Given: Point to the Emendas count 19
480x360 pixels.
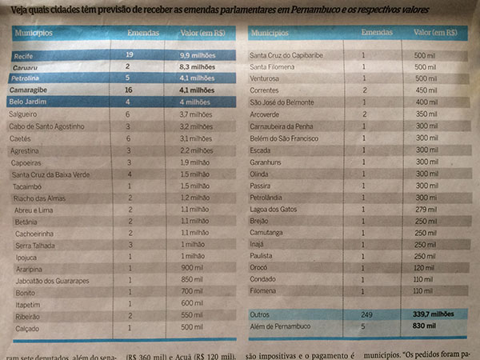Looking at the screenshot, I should coord(128,54).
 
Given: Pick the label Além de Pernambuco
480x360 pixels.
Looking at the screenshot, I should coord(283,327).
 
